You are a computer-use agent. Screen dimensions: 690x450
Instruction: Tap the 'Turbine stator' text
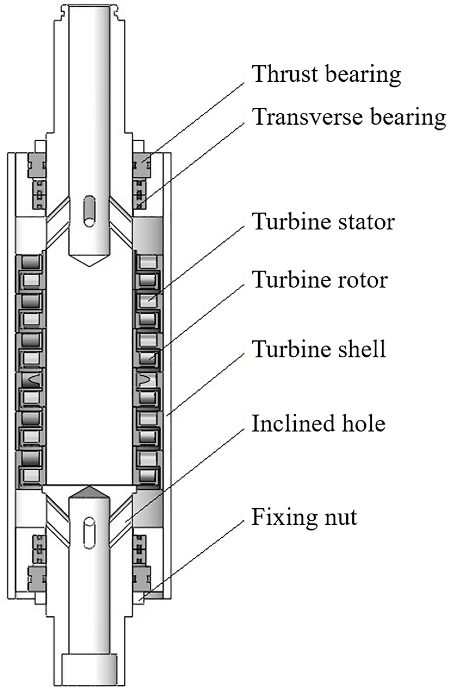point(323,222)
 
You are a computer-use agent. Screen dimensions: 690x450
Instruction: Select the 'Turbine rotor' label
point(319,280)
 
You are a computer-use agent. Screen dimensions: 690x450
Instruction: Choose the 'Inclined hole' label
point(318,423)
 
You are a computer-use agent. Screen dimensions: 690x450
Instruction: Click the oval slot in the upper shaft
point(89,211)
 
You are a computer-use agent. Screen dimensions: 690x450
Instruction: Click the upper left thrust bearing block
point(37,166)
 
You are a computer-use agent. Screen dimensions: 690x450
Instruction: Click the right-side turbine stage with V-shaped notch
point(147,380)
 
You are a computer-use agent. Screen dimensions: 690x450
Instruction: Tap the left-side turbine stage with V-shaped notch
point(30,380)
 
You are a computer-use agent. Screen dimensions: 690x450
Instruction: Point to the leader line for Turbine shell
point(206,384)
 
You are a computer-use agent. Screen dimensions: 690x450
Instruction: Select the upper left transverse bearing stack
point(39,195)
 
